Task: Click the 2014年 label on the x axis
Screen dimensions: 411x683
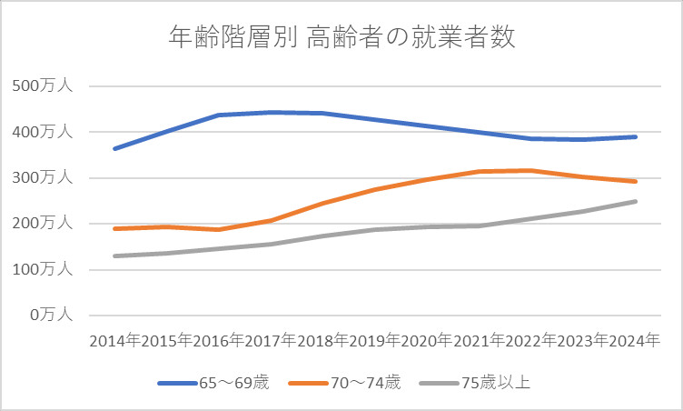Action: [x=114, y=341]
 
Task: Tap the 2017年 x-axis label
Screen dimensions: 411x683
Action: [x=271, y=341]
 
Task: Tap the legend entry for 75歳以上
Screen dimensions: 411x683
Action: [x=476, y=383]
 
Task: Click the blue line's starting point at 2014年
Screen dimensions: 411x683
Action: [x=114, y=148]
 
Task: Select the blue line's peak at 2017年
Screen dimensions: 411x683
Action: [x=271, y=112]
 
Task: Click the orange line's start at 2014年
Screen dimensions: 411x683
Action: [x=114, y=228]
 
